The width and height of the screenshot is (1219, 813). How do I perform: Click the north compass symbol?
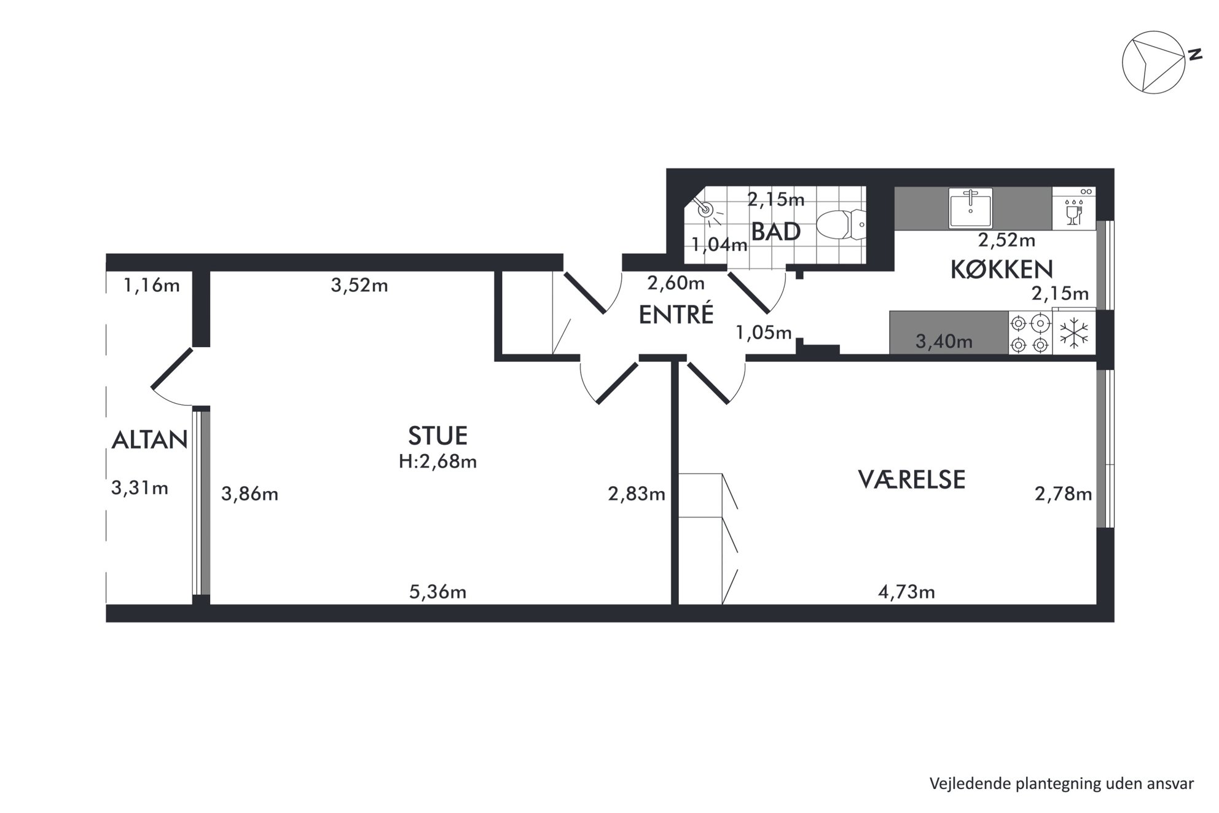[1153, 63]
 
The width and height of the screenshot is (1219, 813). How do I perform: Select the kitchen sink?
[970, 208]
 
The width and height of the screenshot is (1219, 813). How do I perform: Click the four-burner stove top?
[1030, 333]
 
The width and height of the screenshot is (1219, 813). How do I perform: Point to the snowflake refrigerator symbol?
[1074, 333]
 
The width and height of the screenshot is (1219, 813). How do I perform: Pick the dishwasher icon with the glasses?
[1074, 209]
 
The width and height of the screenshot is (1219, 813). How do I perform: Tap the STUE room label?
[437, 436]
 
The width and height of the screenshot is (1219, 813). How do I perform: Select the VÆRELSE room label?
[911, 479]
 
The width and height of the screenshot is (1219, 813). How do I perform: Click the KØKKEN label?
[1001, 269]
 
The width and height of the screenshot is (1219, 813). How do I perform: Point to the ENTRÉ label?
[676, 314]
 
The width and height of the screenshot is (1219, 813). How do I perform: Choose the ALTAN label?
[149, 440]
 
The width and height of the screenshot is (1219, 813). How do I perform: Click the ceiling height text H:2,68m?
[437, 461]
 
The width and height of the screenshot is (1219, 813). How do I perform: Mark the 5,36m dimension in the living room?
[437, 592]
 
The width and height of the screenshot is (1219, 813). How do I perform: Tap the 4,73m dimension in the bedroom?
[906, 592]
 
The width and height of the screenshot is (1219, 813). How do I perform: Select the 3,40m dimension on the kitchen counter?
[944, 342]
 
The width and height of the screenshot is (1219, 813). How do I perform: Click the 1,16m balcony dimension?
[152, 285]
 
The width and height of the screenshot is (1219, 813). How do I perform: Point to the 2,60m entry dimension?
[676, 283]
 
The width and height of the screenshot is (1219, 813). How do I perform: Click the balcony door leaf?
[172, 369]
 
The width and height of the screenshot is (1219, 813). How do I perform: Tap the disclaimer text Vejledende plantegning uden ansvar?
[1062, 784]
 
